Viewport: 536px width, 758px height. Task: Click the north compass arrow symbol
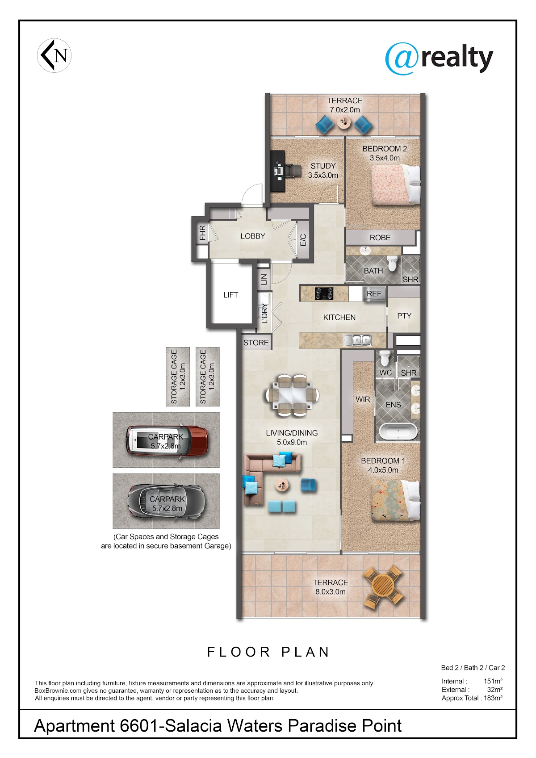[x=54, y=55]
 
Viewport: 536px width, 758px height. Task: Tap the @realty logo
[x=439, y=59]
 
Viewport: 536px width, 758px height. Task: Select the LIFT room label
[x=230, y=295]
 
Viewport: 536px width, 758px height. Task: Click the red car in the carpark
[x=167, y=440]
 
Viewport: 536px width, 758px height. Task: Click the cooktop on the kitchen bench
[x=324, y=293]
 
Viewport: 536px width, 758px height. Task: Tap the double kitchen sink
[x=357, y=340]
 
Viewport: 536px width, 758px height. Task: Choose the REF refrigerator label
[x=374, y=294]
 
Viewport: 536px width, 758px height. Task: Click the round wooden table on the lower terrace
[x=383, y=585]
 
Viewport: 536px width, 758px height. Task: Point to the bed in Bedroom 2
[x=395, y=185]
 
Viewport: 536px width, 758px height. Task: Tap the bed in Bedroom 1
[x=395, y=500]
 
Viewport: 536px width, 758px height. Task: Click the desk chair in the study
[x=292, y=170]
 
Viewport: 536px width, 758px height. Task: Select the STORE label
[x=256, y=343]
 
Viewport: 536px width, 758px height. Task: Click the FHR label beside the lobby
[x=202, y=233]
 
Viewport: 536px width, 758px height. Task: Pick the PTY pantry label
[x=404, y=316]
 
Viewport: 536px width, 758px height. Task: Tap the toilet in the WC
[x=385, y=358]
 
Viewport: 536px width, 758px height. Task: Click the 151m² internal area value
[x=493, y=681]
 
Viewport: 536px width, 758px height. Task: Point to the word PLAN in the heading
[x=306, y=652]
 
